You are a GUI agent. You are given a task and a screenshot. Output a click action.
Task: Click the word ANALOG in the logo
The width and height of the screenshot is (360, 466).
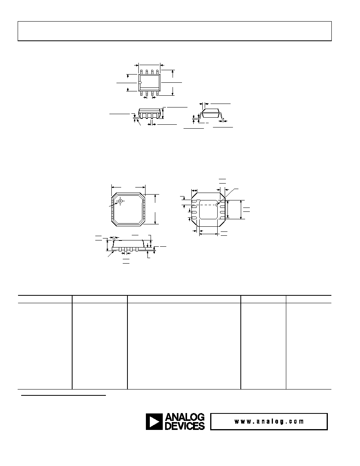pos(185,417)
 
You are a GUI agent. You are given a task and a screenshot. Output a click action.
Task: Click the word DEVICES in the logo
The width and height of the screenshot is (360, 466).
pos(185,426)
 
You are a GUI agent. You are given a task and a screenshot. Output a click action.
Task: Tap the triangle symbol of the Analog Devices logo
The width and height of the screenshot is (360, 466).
pos(154,422)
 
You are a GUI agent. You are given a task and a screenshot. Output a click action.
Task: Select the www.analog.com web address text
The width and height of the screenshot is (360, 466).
pos(269,421)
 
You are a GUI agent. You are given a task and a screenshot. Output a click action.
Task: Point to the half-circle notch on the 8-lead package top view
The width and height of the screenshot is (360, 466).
pos(140,82)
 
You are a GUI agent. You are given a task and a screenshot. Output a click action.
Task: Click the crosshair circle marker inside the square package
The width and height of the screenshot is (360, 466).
pos(120,201)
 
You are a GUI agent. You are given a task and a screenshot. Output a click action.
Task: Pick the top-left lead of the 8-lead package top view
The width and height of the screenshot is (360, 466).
pos(142,72)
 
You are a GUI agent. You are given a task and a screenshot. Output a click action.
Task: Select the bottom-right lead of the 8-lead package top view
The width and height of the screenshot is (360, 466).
pos(157,93)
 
